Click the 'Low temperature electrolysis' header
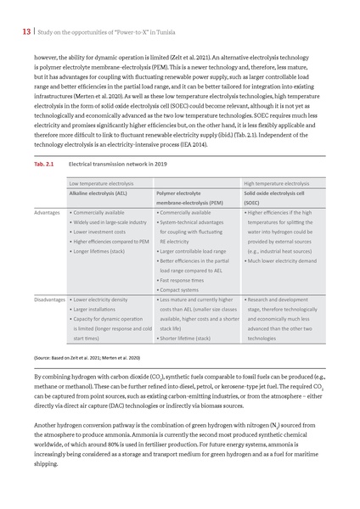[x=101, y=182]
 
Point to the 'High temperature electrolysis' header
[x=276, y=182]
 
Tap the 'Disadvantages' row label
[x=50, y=300]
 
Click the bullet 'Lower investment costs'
[x=100, y=232]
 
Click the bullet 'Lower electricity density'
[x=102, y=300]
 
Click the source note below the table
[x=81, y=358]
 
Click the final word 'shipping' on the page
[x=47, y=464]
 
